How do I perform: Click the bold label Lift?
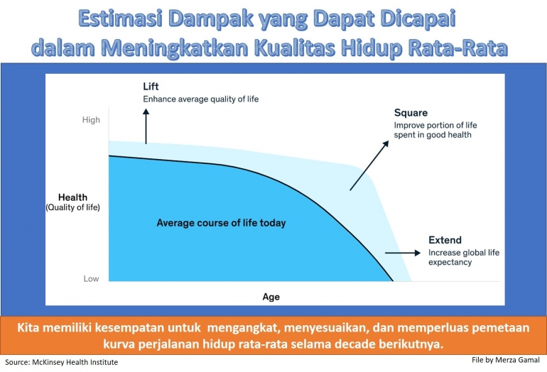pyautogui.click(x=151, y=87)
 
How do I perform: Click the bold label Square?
pyautogui.click(x=410, y=113)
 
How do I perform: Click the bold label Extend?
pyautogui.click(x=445, y=240)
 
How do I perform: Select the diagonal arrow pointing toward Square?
pyautogui.click(x=369, y=165)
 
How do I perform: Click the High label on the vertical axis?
pyautogui.click(x=91, y=120)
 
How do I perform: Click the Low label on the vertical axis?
pyautogui.click(x=91, y=279)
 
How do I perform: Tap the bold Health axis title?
pyautogui.click(x=73, y=197)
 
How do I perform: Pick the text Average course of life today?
pyautogui.click(x=221, y=223)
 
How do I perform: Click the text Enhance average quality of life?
pyautogui.click(x=200, y=99)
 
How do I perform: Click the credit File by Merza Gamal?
pyautogui.click(x=505, y=360)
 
